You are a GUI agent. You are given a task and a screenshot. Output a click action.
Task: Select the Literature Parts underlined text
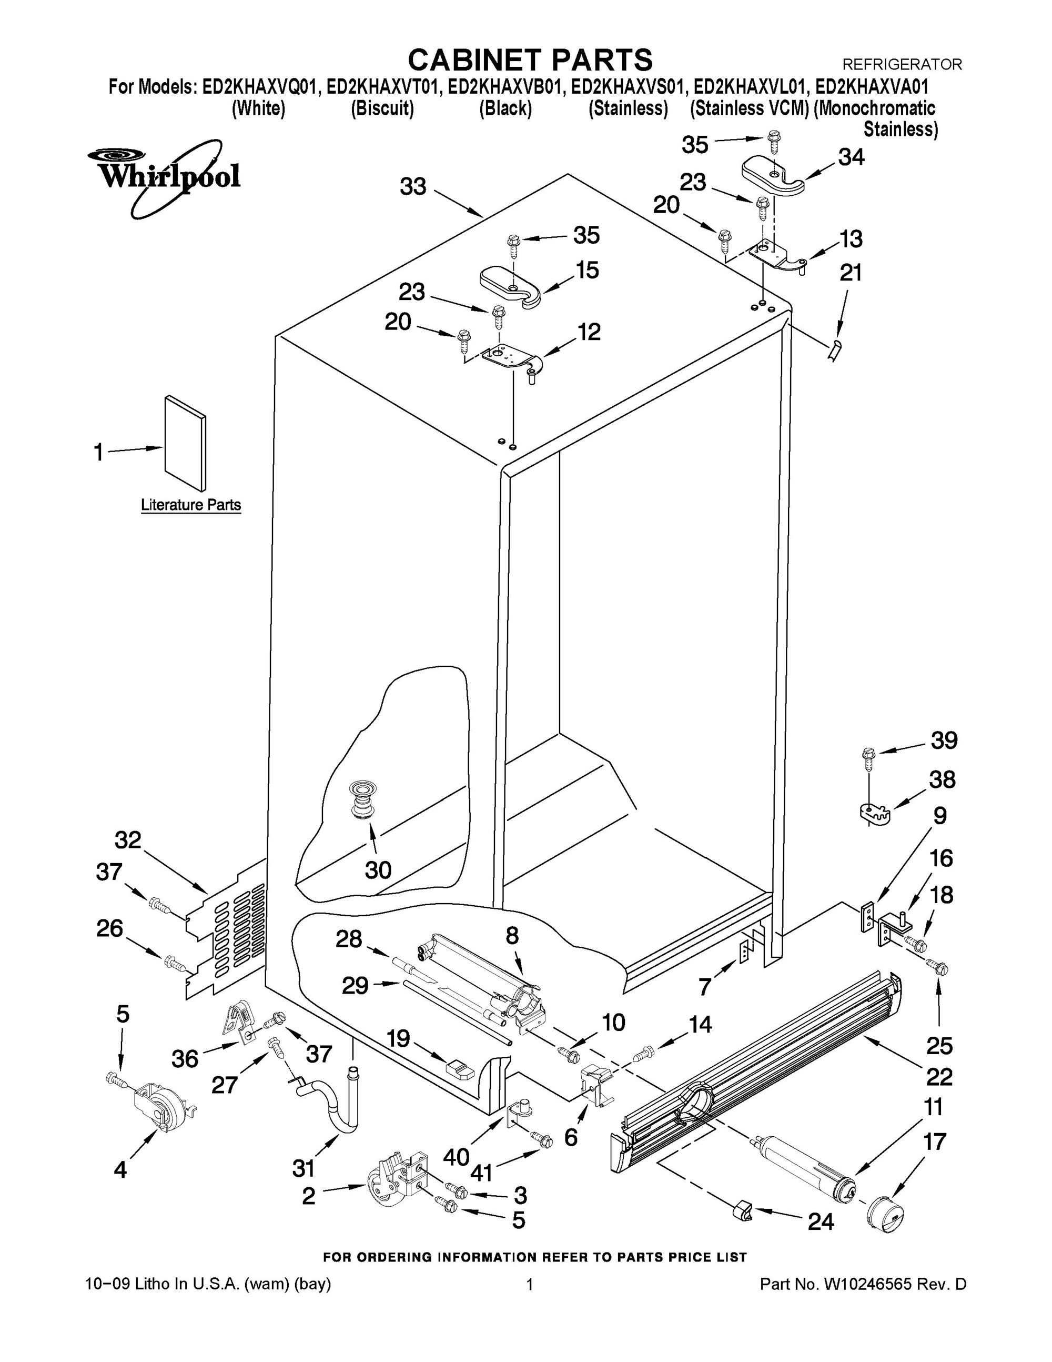pyautogui.click(x=191, y=505)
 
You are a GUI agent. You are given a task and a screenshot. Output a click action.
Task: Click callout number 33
pyautogui.click(x=412, y=186)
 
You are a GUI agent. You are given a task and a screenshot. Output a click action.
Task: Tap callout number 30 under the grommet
pyautogui.click(x=378, y=869)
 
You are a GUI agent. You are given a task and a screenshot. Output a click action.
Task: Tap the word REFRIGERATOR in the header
pyautogui.click(x=902, y=64)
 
